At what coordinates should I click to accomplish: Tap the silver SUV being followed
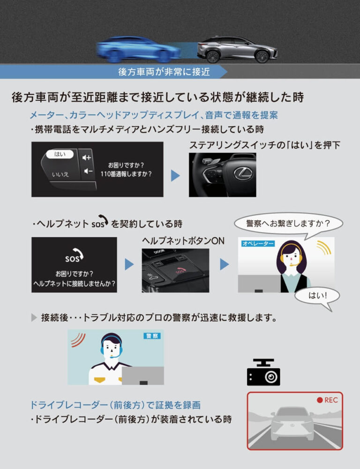237,50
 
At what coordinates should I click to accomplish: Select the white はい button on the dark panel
60,154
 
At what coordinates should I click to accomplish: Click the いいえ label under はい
60,174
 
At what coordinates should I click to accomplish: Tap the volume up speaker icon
87,157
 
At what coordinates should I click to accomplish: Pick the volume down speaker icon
88,171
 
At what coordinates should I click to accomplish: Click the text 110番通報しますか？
126,174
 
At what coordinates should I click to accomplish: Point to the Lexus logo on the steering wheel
243,174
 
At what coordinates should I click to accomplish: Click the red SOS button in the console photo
180,271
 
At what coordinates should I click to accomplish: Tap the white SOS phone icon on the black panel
74,255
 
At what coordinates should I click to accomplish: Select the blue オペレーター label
258,243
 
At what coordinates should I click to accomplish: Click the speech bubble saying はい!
317,296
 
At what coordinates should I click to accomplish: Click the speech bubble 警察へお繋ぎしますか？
288,223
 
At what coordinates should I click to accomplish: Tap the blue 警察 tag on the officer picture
152,336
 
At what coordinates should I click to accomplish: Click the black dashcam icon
263,372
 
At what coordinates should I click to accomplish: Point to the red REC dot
320,400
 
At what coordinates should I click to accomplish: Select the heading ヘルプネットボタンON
183,241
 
